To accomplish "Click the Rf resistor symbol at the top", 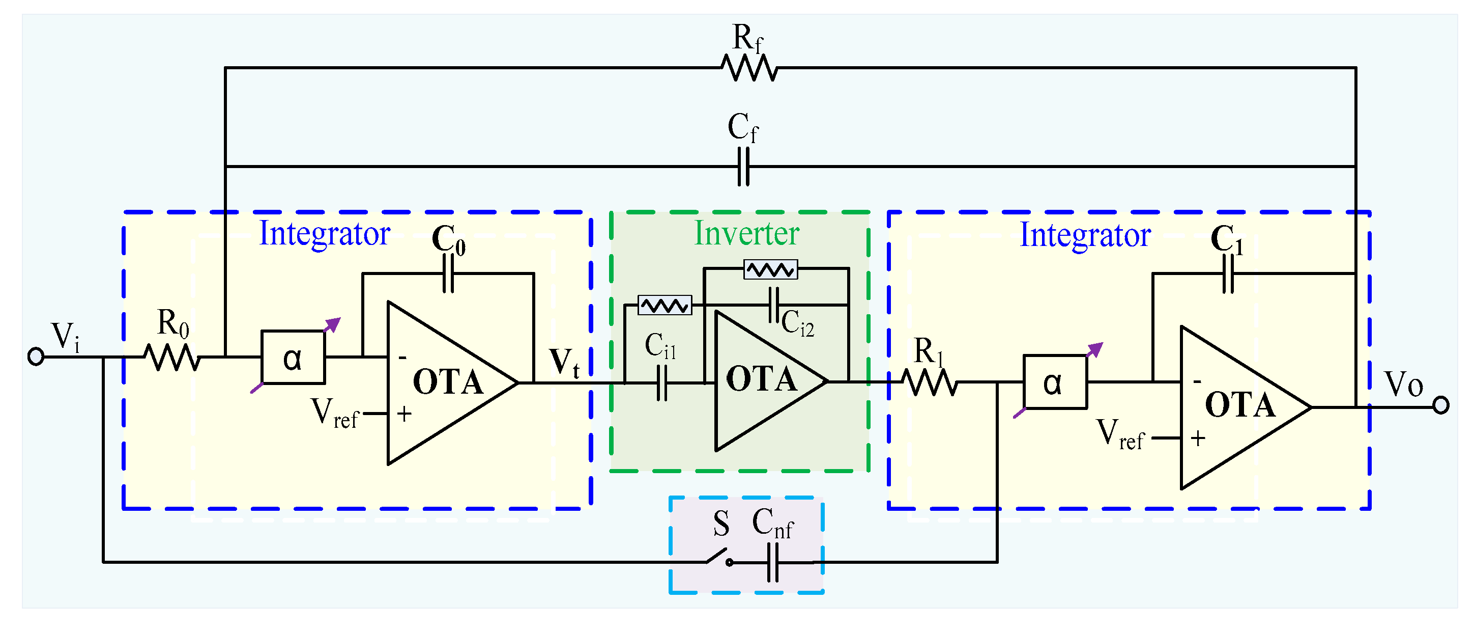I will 749,68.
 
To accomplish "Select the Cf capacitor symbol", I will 743,166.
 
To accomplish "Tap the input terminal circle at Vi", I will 36,356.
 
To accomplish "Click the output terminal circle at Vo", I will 1441,405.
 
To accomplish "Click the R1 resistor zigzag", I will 929,382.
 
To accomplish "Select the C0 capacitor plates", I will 449,273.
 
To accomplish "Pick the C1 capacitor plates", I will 1228,273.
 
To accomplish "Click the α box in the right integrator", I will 1055,382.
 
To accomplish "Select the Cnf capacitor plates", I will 772,562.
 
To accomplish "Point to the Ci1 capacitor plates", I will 662,382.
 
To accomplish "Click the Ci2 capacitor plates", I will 773,305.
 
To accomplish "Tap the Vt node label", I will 564,363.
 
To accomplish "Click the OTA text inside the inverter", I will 761,379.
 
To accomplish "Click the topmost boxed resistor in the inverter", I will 770,269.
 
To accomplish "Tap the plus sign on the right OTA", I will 1198,438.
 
